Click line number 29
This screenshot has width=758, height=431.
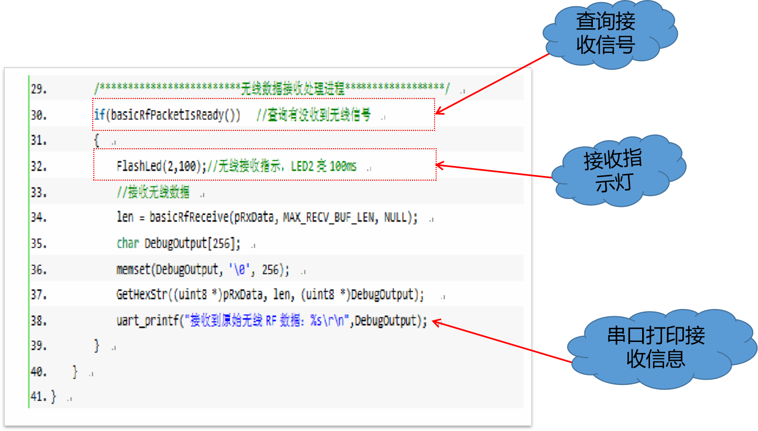tap(39, 89)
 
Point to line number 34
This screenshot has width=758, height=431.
tap(39, 217)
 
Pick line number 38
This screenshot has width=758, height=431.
tap(39, 320)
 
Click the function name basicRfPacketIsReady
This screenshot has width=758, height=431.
tap(167, 115)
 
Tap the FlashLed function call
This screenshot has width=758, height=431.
tap(139, 166)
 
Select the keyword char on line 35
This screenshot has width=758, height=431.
tap(127, 243)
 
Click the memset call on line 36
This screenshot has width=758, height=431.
tap(133, 269)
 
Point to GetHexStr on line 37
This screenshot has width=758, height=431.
tap(142, 294)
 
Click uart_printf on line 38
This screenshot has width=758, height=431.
tap(147, 321)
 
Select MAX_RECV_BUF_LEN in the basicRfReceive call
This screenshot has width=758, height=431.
tap(329, 217)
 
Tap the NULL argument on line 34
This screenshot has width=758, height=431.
tap(395, 217)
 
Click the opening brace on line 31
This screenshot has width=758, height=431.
tap(97, 140)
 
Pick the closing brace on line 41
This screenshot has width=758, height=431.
tap(53, 396)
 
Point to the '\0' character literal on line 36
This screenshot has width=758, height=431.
tap(240, 269)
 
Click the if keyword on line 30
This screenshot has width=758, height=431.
tap(100, 115)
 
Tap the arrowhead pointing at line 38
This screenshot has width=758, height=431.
tap(437, 323)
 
